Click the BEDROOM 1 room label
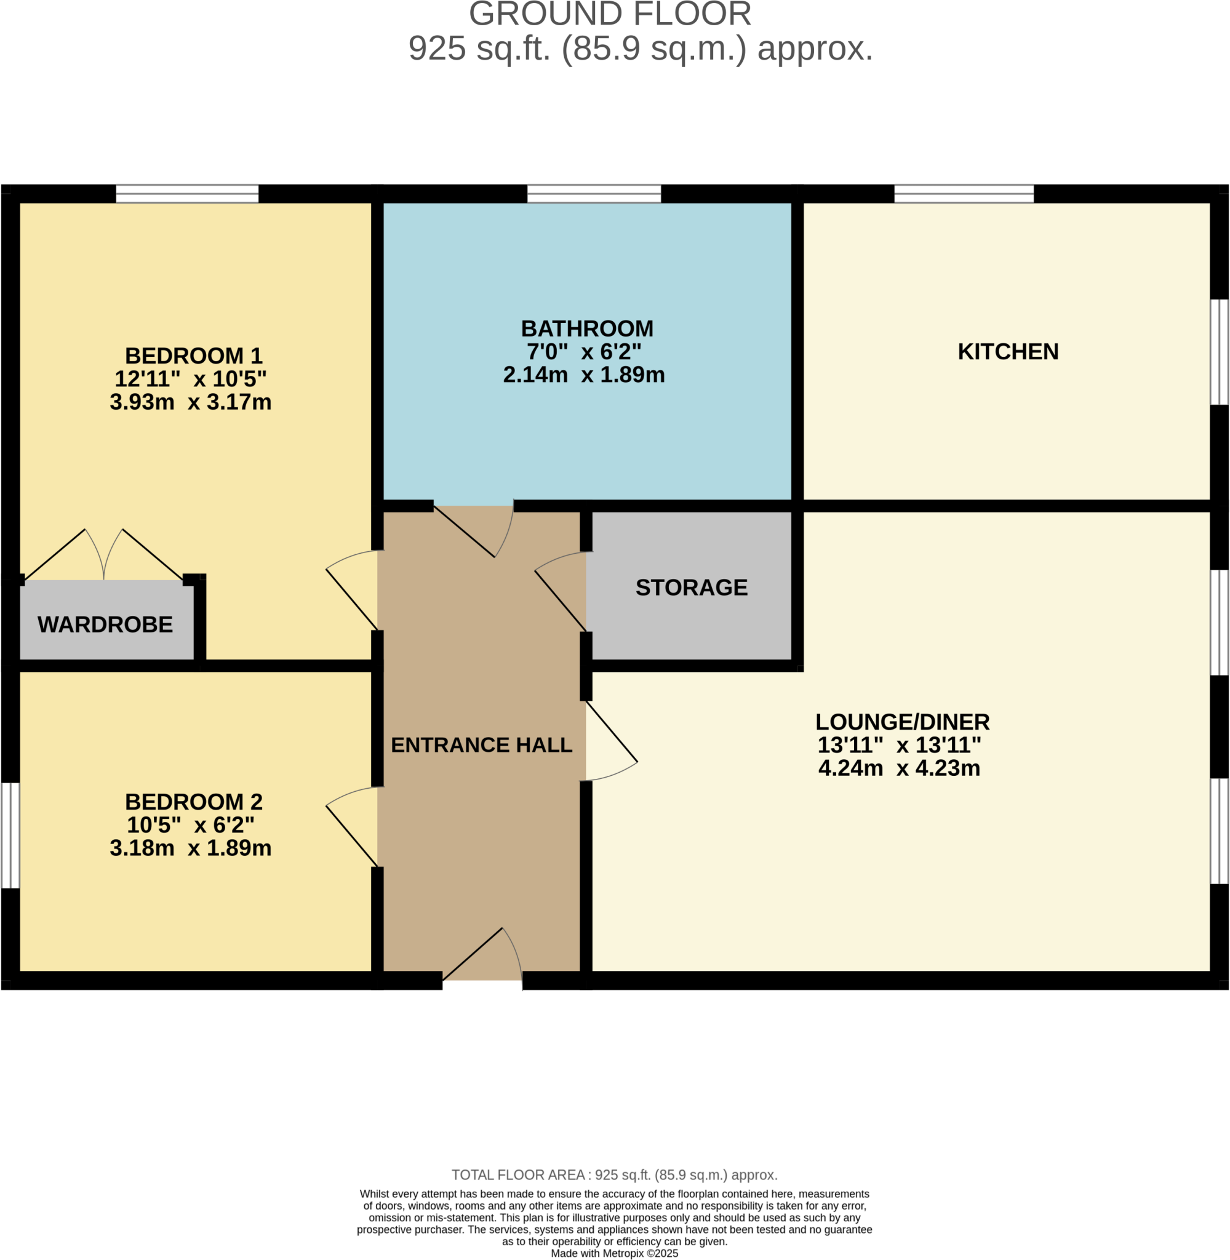click(193, 356)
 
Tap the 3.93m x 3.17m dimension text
click(191, 402)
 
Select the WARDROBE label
click(105, 624)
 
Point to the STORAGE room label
click(691, 588)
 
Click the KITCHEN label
click(1008, 352)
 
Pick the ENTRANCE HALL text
click(481, 745)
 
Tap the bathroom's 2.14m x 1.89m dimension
click(583, 375)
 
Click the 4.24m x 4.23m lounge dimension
click(898, 768)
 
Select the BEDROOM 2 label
click(193, 802)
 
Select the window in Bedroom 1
click(187, 194)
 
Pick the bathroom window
click(594, 194)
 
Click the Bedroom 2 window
click(10, 835)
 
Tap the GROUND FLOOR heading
click(610, 14)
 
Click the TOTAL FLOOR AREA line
click(613, 1174)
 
